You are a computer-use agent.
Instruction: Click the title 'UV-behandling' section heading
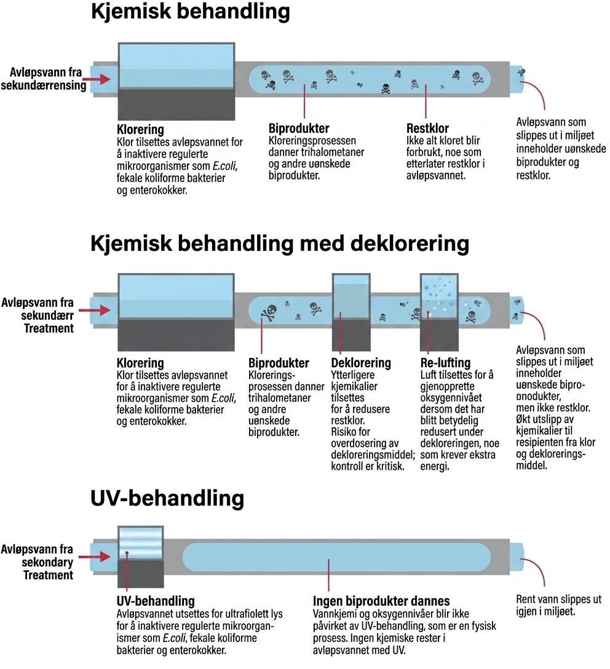(x=167, y=498)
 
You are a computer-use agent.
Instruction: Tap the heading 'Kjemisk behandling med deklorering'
(x=280, y=244)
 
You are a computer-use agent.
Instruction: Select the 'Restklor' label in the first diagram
(x=427, y=129)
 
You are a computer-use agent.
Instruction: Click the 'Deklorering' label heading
(x=361, y=363)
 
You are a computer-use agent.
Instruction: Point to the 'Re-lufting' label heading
(x=445, y=363)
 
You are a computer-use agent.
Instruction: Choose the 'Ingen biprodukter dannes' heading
(x=381, y=601)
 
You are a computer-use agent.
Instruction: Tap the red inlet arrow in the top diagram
(x=97, y=79)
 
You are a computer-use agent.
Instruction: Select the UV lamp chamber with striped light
(x=141, y=543)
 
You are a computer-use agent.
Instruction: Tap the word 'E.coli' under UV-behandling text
(x=174, y=638)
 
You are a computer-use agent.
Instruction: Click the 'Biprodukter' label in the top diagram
(x=299, y=129)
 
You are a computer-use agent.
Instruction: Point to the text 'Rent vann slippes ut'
(x=559, y=600)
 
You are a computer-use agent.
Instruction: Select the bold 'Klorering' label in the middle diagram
(x=140, y=363)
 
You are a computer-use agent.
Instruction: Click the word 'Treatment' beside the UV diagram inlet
(x=48, y=575)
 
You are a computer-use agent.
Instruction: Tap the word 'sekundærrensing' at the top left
(x=44, y=85)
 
